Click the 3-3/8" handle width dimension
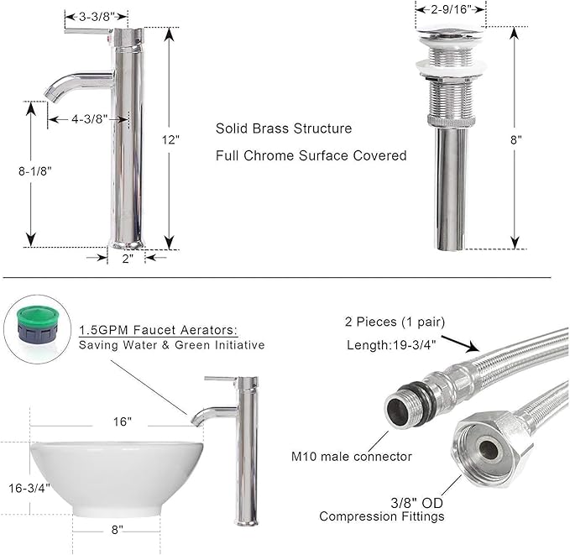(x=97, y=16)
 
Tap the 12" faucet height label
(x=170, y=139)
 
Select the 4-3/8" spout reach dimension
(x=90, y=119)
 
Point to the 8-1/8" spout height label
(x=35, y=171)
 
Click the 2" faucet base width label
(x=128, y=259)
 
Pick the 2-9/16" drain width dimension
(x=451, y=9)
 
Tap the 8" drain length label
(x=515, y=139)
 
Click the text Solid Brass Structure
(x=284, y=128)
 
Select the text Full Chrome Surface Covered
(x=311, y=155)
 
